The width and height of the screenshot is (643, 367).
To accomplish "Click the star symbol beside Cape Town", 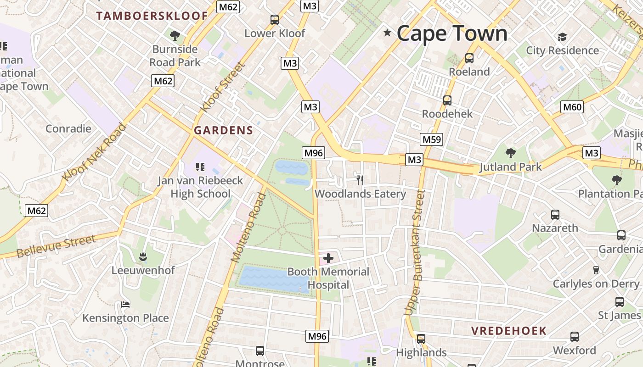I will tap(387, 33).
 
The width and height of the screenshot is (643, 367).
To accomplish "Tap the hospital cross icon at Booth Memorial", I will tap(328, 258).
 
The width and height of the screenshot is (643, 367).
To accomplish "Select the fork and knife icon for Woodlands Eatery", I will tap(360, 180).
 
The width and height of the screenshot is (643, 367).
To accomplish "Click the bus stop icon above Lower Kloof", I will tap(275, 19).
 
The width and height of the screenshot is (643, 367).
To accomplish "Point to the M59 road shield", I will tap(431, 139).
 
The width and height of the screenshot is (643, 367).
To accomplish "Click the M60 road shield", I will tap(572, 107).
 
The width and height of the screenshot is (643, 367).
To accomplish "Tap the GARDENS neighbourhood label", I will tap(223, 130).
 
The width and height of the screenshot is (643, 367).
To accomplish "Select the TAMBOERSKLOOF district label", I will tap(152, 16).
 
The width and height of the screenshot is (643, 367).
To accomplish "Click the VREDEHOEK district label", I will tap(509, 331).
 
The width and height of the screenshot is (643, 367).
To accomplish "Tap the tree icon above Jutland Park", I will tap(510, 153).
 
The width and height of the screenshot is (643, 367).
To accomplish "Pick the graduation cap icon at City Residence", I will tap(562, 37).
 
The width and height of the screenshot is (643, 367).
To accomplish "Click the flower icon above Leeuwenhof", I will tap(143, 256).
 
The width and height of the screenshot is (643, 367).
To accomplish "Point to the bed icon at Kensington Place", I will tap(125, 304).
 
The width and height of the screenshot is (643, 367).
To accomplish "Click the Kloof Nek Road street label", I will tap(94, 152).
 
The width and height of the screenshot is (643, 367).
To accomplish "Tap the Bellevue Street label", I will tap(56, 246).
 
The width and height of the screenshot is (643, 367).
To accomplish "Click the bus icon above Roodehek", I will tap(447, 100).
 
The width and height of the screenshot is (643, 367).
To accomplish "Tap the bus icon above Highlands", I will tap(421, 339).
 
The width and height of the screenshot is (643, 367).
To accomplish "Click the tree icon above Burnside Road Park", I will tap(175, 35).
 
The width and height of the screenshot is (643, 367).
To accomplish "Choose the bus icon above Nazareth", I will tap(555, 214).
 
